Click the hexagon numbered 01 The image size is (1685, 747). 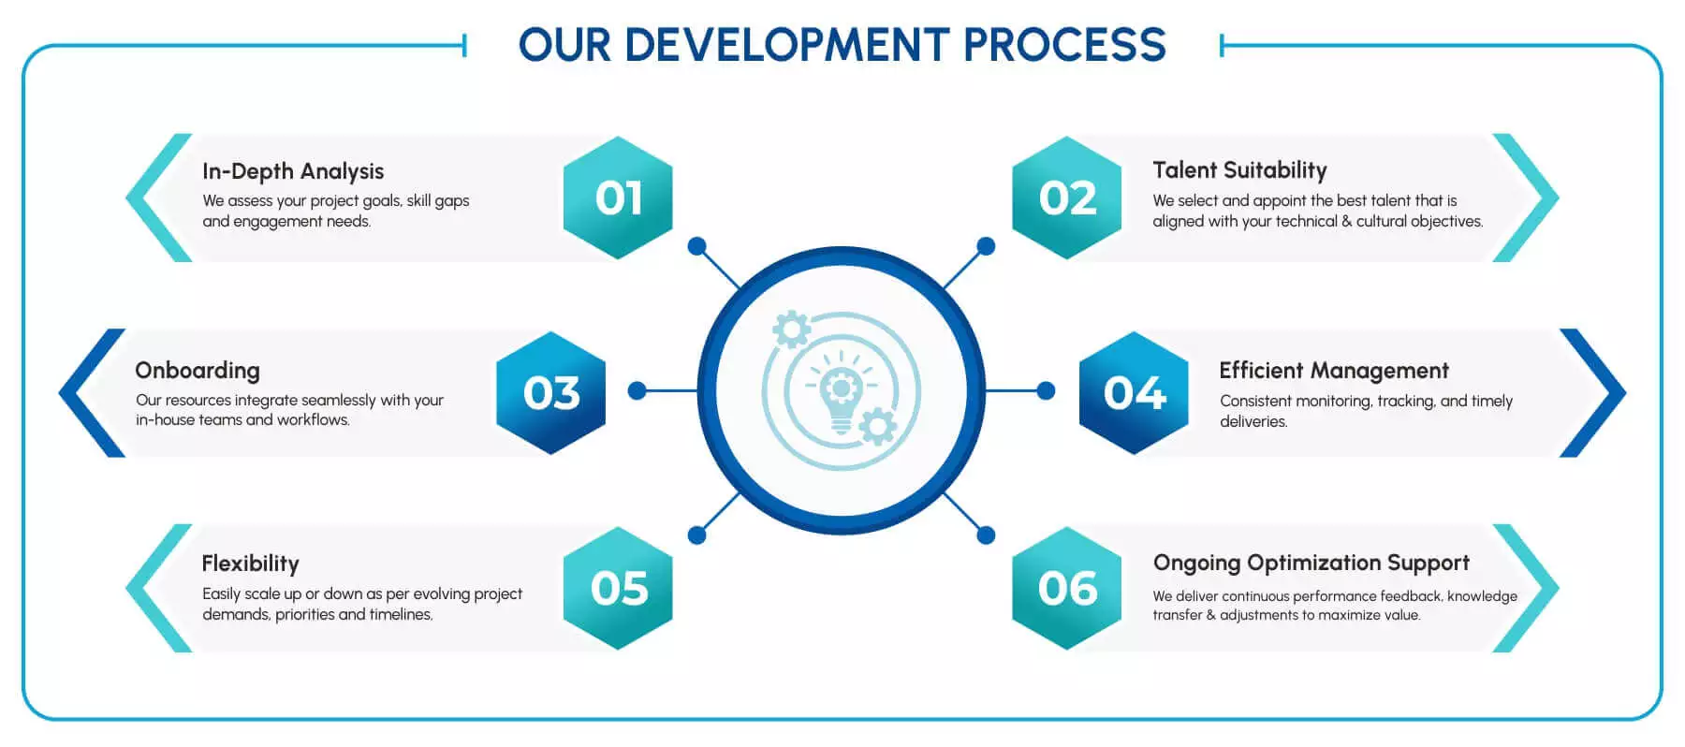(618, 198)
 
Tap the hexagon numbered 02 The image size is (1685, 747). (1067, 198)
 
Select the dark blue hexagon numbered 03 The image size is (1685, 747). (550, 392)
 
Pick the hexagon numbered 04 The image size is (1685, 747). (1134, 392)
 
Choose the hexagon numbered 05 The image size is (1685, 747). (618, 588)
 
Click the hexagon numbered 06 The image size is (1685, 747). (1067, 588)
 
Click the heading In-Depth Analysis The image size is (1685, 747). (293, 171)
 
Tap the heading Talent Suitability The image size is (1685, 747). (1239, 170)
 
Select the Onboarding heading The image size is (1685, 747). (198, 371)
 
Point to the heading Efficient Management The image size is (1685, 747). (1333, 371)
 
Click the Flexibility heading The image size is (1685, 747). (250, 564)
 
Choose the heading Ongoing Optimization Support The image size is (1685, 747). (1311, 563)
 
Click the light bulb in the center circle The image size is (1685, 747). (841, 393)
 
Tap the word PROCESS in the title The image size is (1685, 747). (1064, 45)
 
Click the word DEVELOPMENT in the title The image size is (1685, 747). (786, 45)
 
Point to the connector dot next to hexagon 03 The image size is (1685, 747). (637, 390)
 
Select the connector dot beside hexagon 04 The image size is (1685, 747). (1046, 390)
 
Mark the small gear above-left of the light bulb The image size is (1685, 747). (792, 330)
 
